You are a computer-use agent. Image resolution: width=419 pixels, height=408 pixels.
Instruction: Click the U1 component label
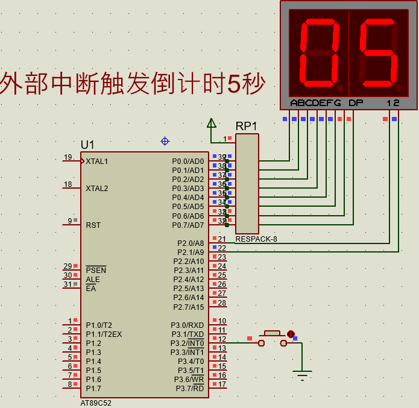pos(87,145)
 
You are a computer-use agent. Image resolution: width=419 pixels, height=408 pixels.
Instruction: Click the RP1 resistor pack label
pos(247,126)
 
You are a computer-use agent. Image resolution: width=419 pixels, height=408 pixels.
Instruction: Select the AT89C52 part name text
pos(96,403)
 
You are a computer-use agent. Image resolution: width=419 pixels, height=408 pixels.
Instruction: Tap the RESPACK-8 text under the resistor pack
pos(256,239)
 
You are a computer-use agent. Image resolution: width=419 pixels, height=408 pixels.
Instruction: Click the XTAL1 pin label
pos(97,162)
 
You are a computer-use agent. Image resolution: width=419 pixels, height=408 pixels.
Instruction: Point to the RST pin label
pos(93,225)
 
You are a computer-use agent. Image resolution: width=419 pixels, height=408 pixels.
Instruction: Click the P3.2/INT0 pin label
pos(187,344)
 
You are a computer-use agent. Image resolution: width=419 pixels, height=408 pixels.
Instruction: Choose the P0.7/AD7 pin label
pos(188,225)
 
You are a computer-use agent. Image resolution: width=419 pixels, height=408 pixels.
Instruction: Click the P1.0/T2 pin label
pos(98,325)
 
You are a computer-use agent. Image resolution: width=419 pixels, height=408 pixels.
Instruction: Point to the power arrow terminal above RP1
pos(212,124)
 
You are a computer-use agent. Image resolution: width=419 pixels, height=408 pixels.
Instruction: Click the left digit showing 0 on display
pos(320,52)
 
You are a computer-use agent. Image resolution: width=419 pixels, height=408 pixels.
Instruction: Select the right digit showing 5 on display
pos(378,52)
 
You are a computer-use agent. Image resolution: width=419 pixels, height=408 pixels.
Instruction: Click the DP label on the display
pos(356,103)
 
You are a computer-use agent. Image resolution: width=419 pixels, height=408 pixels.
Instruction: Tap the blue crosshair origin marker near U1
pos(165,141)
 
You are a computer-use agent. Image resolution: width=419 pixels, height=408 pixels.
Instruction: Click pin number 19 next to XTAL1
pos(68,158)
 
